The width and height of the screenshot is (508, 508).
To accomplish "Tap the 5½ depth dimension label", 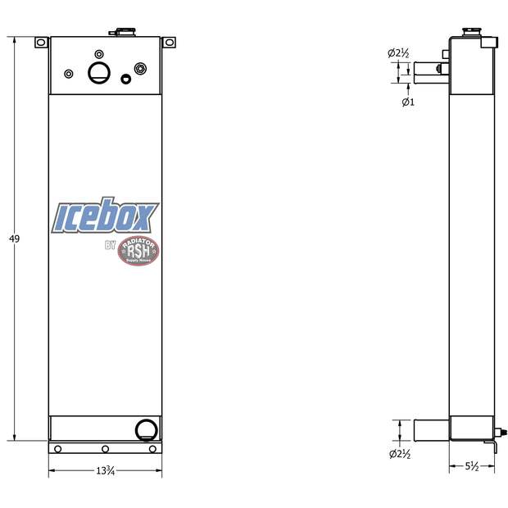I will coord(472,466).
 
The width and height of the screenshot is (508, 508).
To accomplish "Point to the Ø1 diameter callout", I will coord(407,102).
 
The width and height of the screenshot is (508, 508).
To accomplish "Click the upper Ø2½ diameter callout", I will coord(398,54).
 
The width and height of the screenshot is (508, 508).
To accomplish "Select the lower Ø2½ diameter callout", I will coord(399,453).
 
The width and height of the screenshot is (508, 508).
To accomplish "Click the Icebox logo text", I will coord(104,218).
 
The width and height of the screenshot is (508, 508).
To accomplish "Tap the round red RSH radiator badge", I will coord(138,251).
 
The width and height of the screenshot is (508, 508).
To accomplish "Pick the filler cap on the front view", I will coord(125,32).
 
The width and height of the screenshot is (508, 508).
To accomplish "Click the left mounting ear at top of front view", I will coord(41,42).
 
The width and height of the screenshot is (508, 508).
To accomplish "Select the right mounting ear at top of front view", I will coord(169,42).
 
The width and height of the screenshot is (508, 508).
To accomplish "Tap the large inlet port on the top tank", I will coord(98,73).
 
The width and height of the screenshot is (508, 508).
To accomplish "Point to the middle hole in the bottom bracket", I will coord(105,448).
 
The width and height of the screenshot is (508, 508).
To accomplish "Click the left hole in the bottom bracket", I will coord(57,448).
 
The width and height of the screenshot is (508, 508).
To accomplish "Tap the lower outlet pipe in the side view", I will coord(431,429).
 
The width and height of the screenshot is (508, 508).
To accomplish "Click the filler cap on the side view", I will coord(471,32).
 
